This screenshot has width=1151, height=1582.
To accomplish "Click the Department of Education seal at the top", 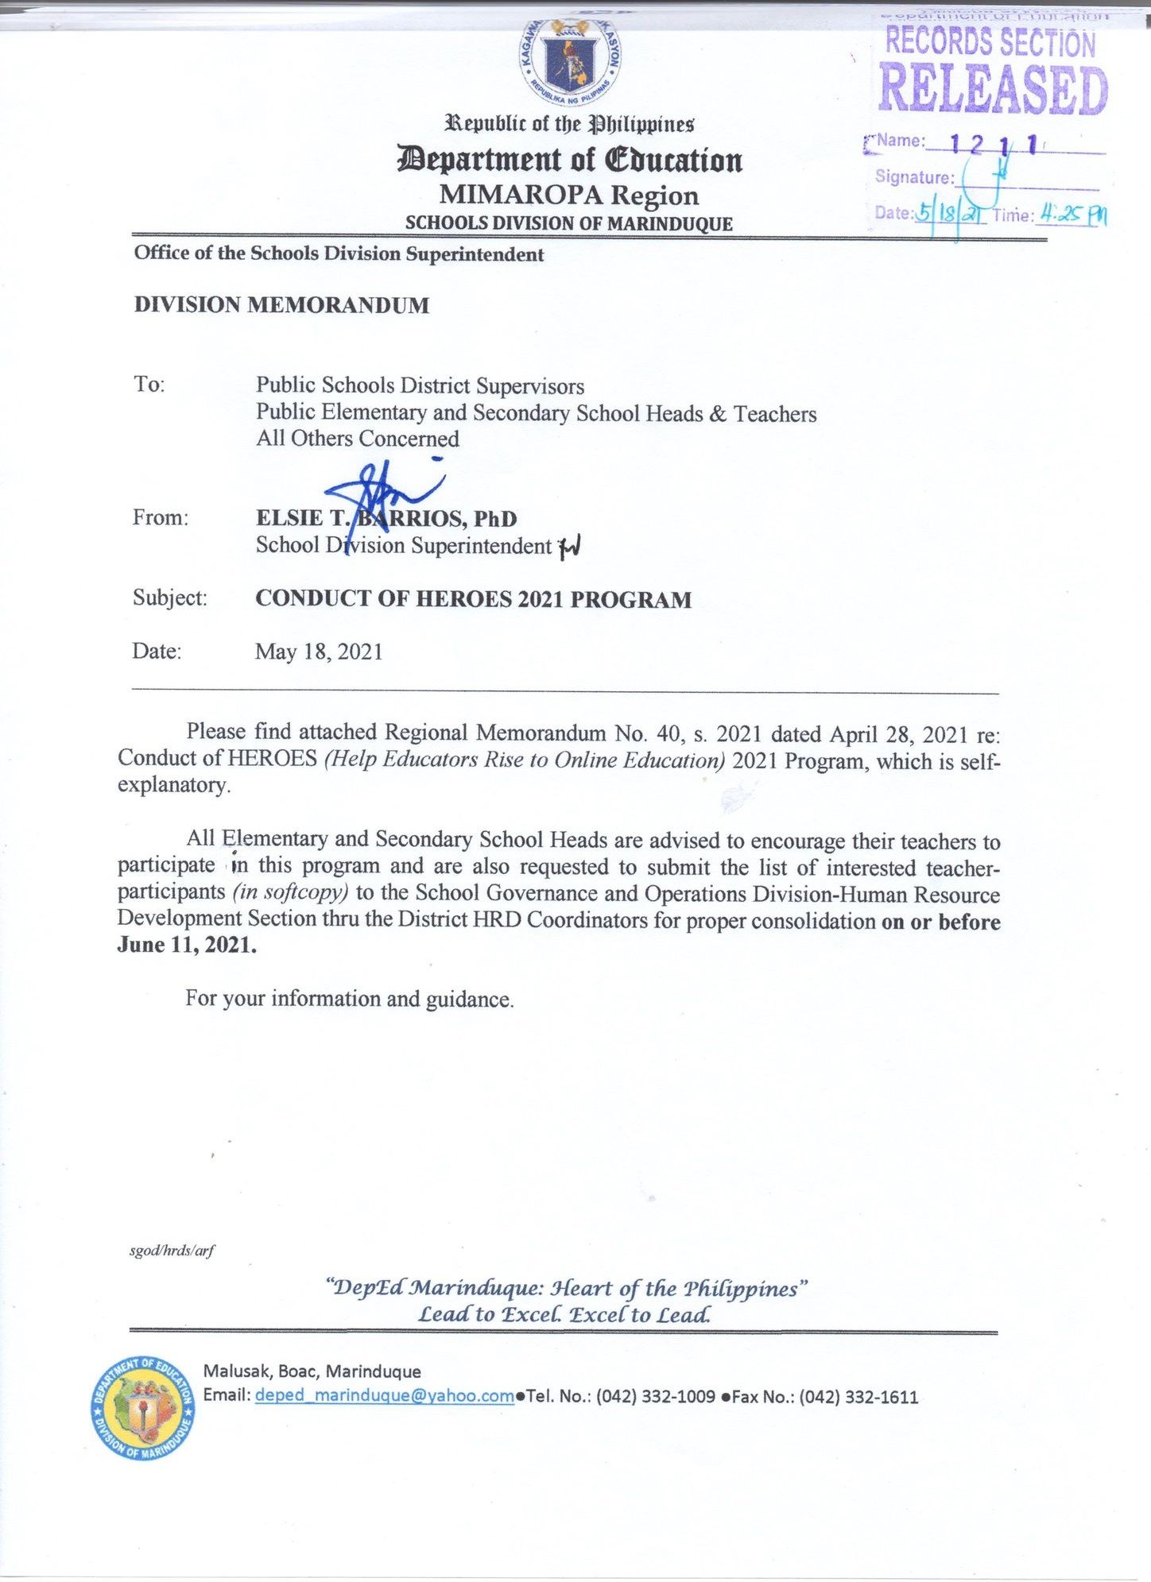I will coord(570,62).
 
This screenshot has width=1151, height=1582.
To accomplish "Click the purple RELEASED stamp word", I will coord(993,89).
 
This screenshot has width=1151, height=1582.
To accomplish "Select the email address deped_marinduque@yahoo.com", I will coord(384,1396).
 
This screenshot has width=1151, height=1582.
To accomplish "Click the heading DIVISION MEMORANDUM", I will coord(281,305).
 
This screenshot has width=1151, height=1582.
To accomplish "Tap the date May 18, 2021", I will coord(319,652).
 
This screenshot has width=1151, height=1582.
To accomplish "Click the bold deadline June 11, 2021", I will coord(187,946).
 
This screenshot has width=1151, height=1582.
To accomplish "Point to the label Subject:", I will coord(170,598).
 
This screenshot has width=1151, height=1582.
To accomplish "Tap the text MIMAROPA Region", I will coord(569,195).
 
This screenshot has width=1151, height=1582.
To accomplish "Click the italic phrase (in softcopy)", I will coord(291,892).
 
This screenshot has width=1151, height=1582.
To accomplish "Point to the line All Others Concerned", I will coord(358,439).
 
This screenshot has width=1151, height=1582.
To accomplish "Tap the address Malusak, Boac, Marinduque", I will coord(312,1371).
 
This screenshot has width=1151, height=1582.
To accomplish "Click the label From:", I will coord(161,518).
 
